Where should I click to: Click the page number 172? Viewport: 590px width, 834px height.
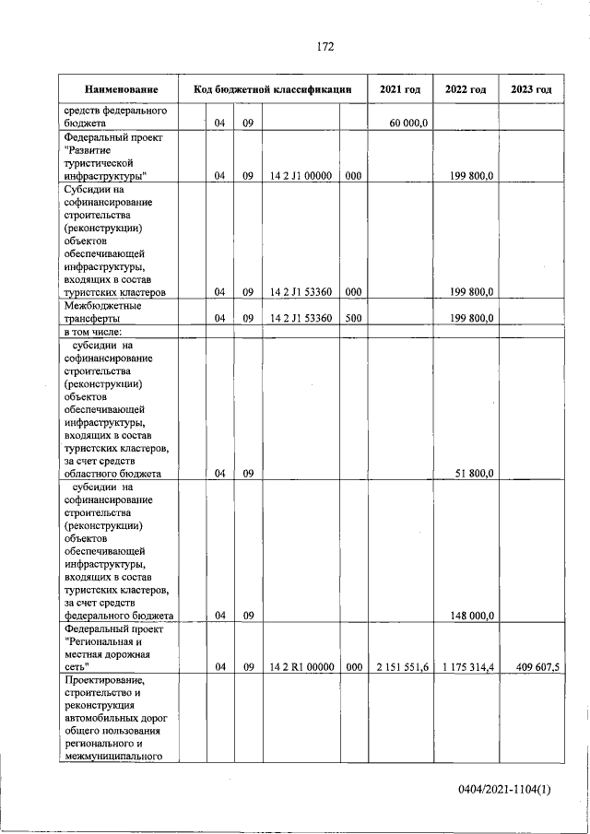324,47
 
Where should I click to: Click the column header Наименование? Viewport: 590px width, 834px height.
120,89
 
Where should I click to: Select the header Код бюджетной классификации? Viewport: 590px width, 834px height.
273,89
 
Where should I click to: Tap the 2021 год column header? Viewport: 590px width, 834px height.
400,89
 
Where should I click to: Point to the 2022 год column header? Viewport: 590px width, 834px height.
466,89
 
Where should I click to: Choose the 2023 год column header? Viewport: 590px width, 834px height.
531,89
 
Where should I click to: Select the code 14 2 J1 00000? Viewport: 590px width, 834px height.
301,175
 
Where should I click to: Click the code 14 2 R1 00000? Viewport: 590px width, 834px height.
301,667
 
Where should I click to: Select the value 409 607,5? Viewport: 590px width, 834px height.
533,667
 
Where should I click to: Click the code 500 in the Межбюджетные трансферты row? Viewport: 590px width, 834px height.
353,318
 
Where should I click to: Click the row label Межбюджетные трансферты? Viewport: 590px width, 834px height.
102,311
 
